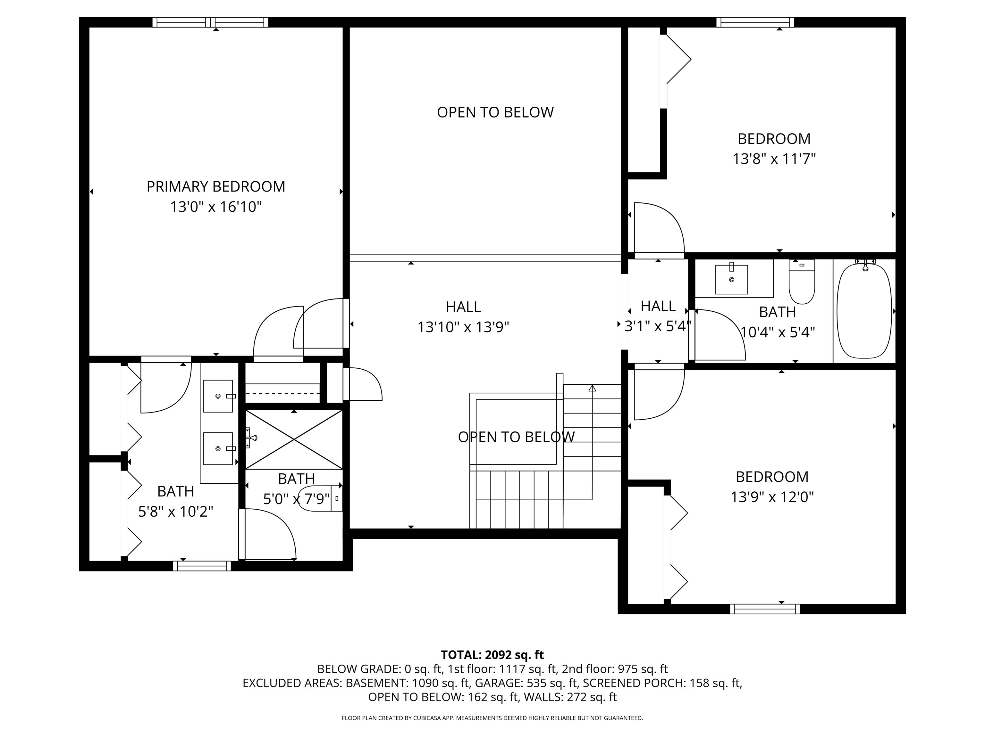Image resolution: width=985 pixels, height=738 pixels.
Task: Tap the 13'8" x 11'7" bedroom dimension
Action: [x=774, y=159]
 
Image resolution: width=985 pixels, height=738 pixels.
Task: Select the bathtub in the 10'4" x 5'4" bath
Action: [x=864, y=310]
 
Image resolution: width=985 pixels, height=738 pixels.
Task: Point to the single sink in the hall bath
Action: [x=731, y=279]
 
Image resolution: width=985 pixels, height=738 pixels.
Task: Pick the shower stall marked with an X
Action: [x=294, y=439]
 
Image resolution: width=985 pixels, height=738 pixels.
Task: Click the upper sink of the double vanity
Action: [x=218, y=396]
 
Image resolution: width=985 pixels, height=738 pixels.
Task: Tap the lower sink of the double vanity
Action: [x=218, y=448]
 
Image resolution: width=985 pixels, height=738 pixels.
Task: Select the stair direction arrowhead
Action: [x=592, y=388]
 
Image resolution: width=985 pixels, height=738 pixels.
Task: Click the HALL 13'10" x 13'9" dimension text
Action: [x=463, y=327]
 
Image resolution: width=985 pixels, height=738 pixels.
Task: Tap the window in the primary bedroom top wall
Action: [x=210, y=22]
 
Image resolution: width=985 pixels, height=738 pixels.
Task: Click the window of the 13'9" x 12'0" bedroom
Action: [x=765, y=609]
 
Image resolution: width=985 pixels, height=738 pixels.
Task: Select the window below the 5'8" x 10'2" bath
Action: [x=202, y=566]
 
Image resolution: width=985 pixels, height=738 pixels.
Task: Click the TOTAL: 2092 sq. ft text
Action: [x=492, y=655]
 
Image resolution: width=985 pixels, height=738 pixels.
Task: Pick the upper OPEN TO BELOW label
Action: [x=495, y=112]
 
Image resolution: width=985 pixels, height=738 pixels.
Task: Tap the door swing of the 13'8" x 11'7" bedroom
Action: [x=659, y=229]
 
